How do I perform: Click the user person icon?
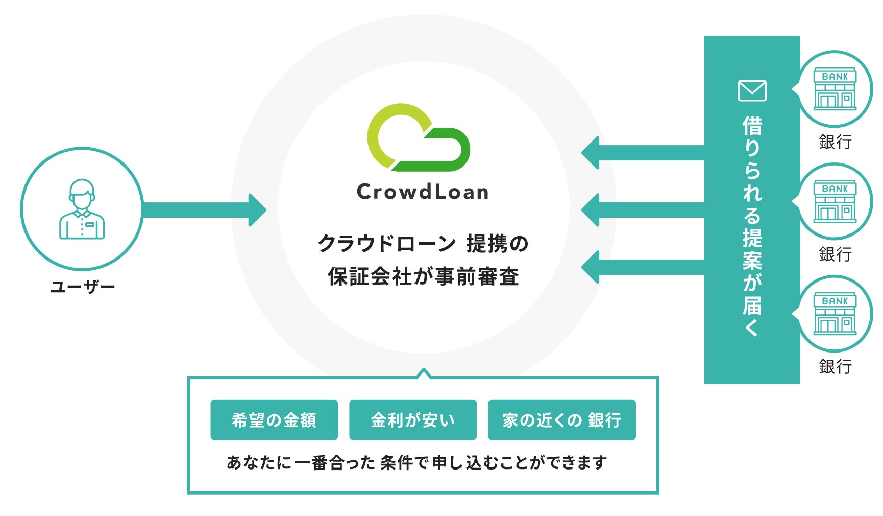[82, 209]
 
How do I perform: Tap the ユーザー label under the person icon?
[83, 287]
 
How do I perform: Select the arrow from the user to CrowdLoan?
[204, 209]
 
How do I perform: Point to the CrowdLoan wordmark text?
[423, 192]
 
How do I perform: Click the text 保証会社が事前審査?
[423, 276]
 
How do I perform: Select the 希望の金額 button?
[274, 420]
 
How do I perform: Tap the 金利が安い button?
[412, 420]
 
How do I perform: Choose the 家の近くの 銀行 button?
[561, 420]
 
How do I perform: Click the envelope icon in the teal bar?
[752, 91]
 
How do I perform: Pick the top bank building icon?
[835, 89]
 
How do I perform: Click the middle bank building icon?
[835, 202]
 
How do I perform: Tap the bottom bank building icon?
[835, 314]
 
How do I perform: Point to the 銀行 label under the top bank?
[835, 142]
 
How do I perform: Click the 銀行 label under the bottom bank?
[835, 366]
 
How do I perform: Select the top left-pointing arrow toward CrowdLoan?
[643, 153]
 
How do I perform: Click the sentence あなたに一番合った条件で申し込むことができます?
[417, 462]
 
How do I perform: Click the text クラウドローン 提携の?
[423, 244]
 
